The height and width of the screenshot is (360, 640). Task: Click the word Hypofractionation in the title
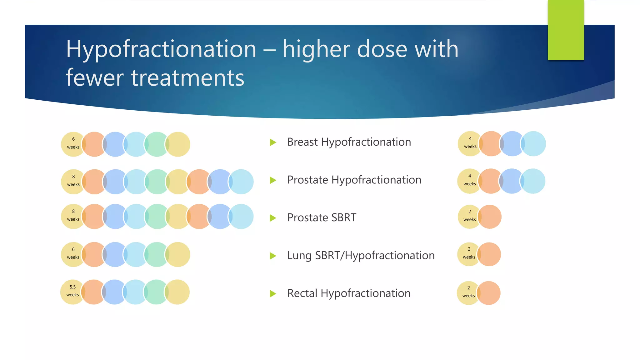tap(161, 49)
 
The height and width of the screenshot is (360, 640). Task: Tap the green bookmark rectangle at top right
tap(566, 30)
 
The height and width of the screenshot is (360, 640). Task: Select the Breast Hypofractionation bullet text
tap(349, 142)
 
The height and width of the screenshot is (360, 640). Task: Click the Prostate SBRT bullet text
tap(322, 217)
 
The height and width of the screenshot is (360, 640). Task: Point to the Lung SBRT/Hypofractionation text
tap(361, 256)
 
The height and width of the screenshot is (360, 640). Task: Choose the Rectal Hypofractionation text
tap(349, 293)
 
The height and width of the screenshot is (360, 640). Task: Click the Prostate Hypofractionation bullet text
tap(354, 180)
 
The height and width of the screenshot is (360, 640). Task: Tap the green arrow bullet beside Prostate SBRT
tap(273, 218)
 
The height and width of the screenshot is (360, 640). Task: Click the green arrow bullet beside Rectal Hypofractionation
tap(273, 294)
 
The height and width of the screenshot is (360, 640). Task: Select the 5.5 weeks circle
tap(72, 291)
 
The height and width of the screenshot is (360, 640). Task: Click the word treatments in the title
tap(187, 78)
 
